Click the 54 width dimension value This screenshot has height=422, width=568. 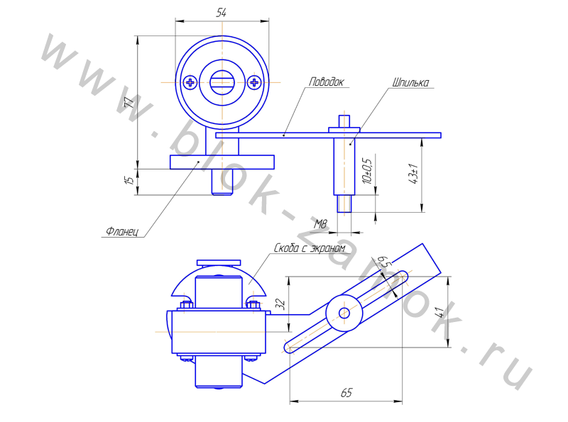[x=222, y=13]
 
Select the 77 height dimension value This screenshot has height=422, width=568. [x=129, y=102]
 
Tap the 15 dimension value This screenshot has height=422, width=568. [x=129, y=180]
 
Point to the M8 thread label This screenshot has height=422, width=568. [x=320, y=224]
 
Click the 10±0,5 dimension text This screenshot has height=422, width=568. [x=368, y=171]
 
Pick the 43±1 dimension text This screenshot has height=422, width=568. [x=413, y=174]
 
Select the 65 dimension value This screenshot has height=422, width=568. [x=346, y=393]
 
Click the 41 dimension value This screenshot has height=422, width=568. [x=439, y=312]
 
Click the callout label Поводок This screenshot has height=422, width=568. [x=326, y=82]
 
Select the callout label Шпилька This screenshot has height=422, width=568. [x=411, y=82]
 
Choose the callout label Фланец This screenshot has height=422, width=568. [x=122, y=231]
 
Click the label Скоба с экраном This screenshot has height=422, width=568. [x=310, y=248]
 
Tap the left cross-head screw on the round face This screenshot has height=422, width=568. [x=190, y=82]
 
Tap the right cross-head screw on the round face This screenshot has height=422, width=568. [x=254, y=82]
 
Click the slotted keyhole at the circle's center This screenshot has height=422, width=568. [x=222, y=82]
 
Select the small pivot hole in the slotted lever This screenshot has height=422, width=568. [x=344, y=313]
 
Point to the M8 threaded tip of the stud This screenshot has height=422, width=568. [x=344, y=204]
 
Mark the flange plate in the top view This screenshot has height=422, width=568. [x=222, y=162]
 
